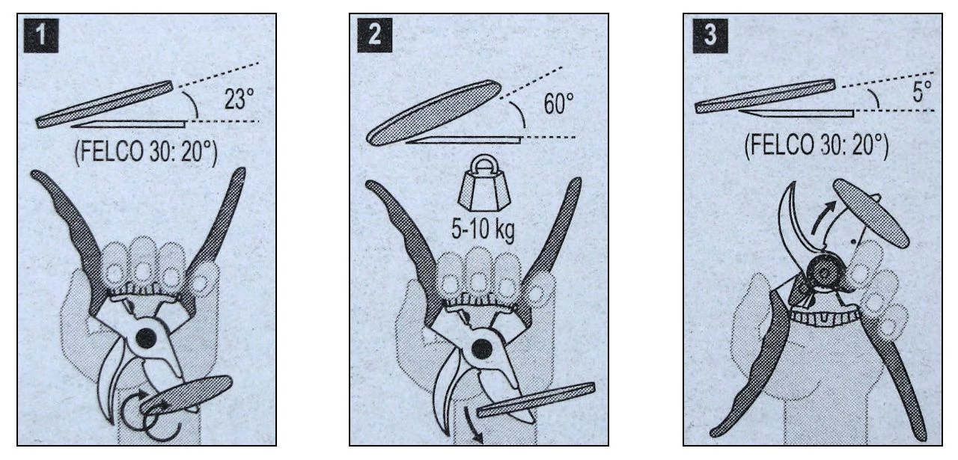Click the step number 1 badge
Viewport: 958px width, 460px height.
click(41, 35)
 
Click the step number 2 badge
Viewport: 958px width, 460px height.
click(375, 35)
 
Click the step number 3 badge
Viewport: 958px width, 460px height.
click(710, 35)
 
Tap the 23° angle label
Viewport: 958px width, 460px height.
click(239, 99)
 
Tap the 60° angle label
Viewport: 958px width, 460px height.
click(558, 103)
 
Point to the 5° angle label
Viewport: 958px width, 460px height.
click(922, 92)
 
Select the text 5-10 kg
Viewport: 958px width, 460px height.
click(483, 230)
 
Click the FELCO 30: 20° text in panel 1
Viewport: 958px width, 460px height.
click(146, 153)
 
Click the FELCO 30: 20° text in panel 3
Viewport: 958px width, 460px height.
click(816, 146)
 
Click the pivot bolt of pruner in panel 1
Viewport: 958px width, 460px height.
click(146, 339)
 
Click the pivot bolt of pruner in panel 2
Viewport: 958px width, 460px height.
click(483, 349)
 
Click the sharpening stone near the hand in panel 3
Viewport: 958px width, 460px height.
click(871, 213)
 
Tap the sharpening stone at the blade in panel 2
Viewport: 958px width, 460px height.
click(536, 399)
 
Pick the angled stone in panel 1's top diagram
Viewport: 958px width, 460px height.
click(104, 104)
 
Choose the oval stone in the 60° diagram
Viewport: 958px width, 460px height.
click(434, 112)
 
